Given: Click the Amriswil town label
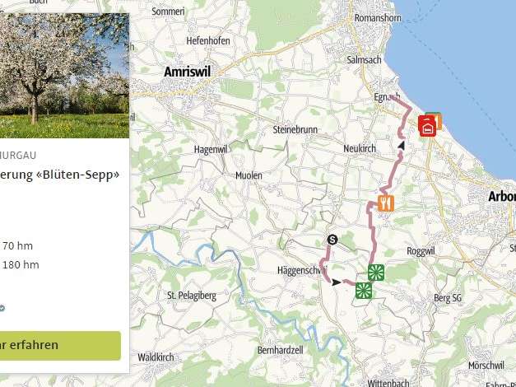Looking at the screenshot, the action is [x=188, y=72].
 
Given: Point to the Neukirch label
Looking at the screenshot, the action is [x=360, y=148].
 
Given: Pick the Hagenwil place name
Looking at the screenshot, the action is [x=209, y=149].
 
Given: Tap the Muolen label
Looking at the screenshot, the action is [x=249, y=176].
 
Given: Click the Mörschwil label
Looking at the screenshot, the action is [x=485, y=365].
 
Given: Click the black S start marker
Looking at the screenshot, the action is [x=332, y=240].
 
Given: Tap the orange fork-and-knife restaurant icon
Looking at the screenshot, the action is [x=386, y=203].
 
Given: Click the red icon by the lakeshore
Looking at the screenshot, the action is [x=427, y=127].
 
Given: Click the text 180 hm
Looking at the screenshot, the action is [x=21, y=264].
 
